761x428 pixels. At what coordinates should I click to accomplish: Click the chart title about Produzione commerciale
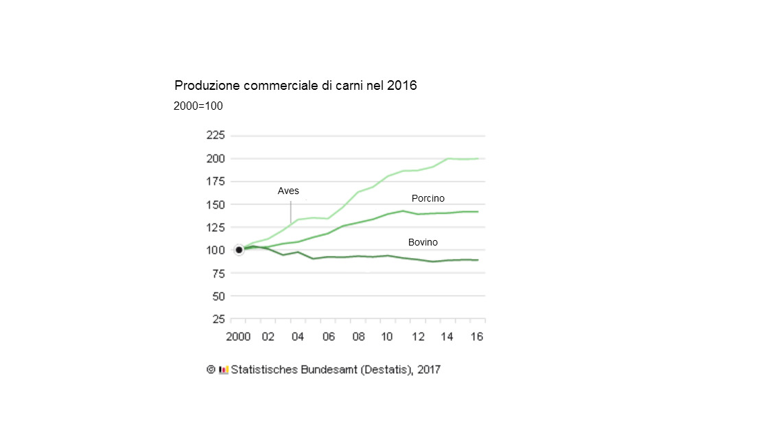(296, 86)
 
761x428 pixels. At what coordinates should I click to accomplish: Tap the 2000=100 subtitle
(198, 106)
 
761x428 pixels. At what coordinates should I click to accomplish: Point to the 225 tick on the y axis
(215, 135)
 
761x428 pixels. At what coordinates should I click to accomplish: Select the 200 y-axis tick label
(215, 158)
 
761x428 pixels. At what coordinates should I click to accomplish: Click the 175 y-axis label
(215, 181)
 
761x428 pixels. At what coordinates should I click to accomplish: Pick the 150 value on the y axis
(215, 204)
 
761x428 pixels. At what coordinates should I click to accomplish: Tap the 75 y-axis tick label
(218, 273)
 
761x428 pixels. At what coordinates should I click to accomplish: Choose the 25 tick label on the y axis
(218, 319)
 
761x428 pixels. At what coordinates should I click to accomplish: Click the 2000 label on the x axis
(238, 337)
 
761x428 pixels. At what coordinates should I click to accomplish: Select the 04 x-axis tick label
(298, 337)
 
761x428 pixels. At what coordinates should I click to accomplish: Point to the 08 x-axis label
(358, 337)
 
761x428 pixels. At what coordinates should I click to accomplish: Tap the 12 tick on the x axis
(417, 337)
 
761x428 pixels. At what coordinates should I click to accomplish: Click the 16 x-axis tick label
(477, 337)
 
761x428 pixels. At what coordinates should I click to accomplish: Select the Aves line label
(288, 191)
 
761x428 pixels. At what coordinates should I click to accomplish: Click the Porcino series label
(428, 198)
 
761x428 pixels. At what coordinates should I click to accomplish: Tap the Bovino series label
(423, 242)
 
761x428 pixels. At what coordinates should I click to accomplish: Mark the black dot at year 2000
(239, 250)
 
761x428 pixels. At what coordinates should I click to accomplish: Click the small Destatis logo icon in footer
(223, 370)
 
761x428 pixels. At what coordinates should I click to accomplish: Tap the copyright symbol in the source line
(211, 369)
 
